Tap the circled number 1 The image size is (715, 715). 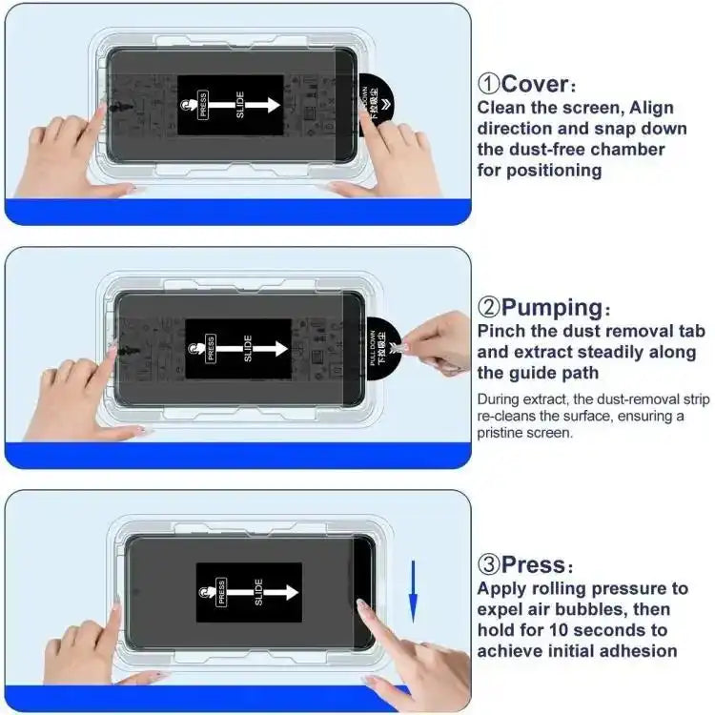click(488, 84)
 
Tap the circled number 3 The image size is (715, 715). click(488, 564)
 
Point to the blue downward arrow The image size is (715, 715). click(413, 590)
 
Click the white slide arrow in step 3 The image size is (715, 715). click(268, 592)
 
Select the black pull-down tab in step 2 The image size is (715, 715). click(381, 345)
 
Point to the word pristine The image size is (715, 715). click(504, 432)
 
